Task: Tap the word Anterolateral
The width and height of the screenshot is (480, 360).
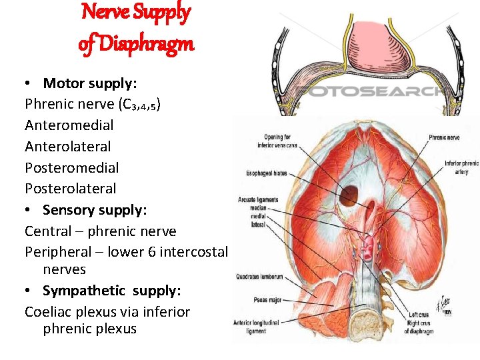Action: click(x=68, y=146)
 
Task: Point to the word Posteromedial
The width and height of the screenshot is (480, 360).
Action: click(x=71, y=167)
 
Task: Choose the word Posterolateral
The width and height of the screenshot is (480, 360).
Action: click(x=70, y=189)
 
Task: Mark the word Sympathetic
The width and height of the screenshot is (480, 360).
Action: click(x=84, y=291)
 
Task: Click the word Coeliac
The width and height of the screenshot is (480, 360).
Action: click(x=49, y=312)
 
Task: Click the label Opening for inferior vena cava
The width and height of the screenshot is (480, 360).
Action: click(x=281, y=142)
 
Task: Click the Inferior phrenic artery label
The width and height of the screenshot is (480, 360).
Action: click(x=462, y=166)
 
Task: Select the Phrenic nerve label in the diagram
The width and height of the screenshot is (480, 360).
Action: click(x=447, y=137)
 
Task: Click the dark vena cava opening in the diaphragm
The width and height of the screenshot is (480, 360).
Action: click(x=348, y=196)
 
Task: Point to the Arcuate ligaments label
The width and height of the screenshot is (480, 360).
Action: click(x=259, y=200)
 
